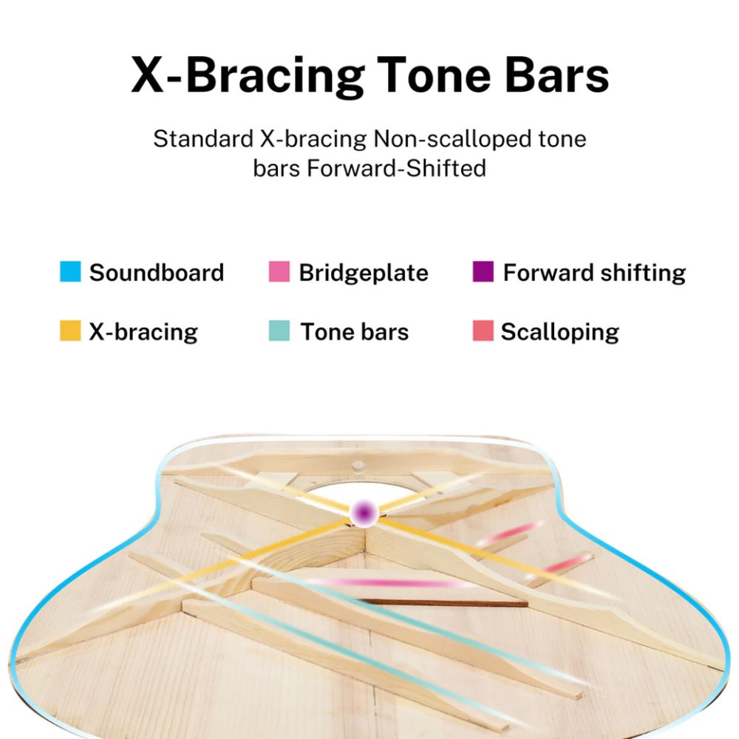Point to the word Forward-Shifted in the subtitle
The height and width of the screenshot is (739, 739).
(x=396, y=168)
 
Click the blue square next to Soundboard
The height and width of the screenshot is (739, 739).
(x=70, y=271)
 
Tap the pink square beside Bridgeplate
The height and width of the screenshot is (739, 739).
(x=279, y=271)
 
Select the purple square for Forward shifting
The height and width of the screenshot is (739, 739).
(x=483, y=271)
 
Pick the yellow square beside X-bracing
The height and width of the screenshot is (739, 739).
(x=70, y=330)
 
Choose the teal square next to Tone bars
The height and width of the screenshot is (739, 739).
(x=279, y=330)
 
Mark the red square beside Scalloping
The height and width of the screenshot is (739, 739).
(x=483, y=330)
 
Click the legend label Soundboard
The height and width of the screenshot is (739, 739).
(x=157, y=273)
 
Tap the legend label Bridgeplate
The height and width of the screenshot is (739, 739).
(x=364, y=273)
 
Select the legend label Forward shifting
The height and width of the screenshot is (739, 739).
(x=594, y=273)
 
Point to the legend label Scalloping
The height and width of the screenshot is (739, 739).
(x=559, y=332)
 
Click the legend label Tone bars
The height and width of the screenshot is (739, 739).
(x=355, y=331)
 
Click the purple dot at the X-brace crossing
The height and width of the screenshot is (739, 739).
(x=364, y=512)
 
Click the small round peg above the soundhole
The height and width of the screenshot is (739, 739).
(x=358, y=466)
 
